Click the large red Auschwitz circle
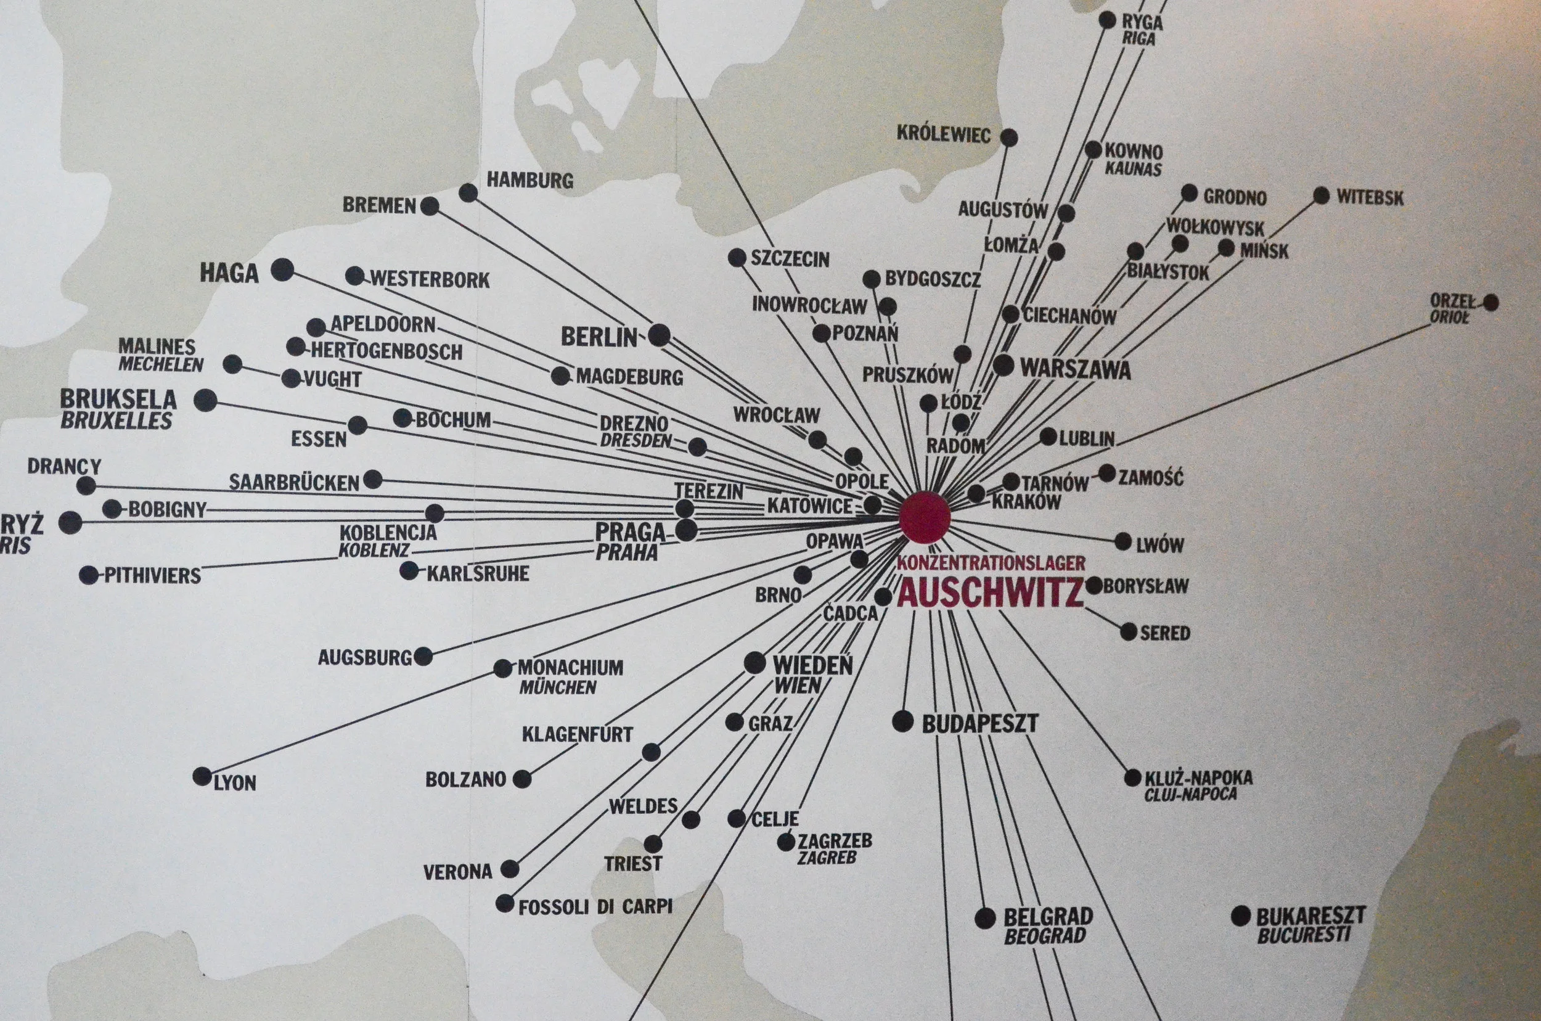pos(925,518)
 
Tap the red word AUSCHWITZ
pos(990,593)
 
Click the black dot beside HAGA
pos(282,269)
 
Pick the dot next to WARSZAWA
pos(1003,365)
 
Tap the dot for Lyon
pos(202,776)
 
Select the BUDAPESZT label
pos(980,723)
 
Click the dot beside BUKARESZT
pos(1241,916)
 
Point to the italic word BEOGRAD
pos(1045,937)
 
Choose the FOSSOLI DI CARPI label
pos(595,906)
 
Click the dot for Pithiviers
pos(89,575)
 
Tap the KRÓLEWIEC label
pos(943,134)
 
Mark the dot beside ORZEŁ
pos(1491,302)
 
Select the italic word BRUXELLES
pos(116,420)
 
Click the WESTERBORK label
pos(430,279)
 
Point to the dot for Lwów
pos(1123,541)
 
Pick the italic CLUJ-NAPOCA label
pos(1190,794)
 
